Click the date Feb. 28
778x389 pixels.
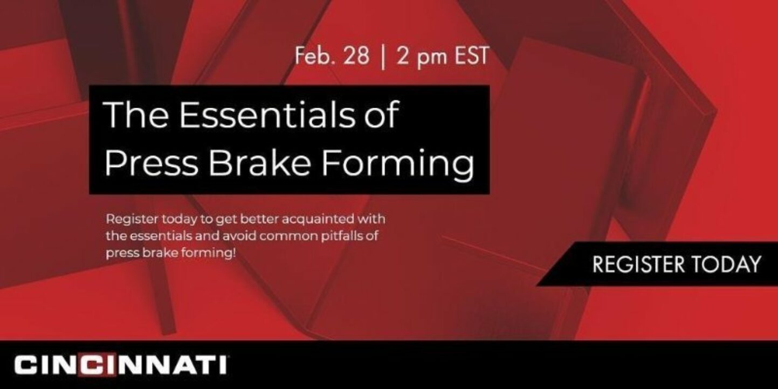point(332,56)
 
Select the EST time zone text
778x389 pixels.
point(472,56)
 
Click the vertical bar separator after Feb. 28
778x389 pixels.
point(383,57)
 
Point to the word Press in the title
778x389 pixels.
point(151,163)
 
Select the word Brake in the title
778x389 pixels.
point(259,162)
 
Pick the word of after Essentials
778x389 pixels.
point(380,114)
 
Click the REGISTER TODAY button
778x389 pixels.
point(657,264)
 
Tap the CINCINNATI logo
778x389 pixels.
point(121,365)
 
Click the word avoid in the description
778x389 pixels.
point(239,236)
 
